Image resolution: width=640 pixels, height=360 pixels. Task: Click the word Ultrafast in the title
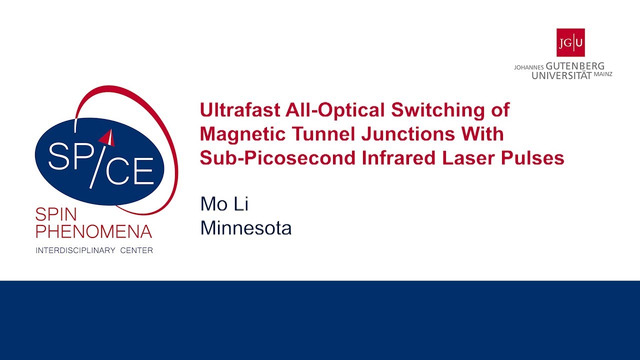[235, 110]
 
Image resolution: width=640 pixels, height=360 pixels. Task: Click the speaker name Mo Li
[224, 204]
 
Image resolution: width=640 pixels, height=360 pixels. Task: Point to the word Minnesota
[245, 228]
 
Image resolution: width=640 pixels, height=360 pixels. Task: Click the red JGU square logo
[570, 42]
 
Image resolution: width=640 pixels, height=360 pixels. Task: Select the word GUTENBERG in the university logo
[575, 66]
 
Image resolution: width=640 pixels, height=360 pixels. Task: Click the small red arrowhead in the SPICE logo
[108, 136]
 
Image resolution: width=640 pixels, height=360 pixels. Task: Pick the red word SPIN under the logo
[56, 215]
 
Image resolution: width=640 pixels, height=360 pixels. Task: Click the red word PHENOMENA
[93, 231]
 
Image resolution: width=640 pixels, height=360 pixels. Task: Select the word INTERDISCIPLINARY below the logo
[75, 250]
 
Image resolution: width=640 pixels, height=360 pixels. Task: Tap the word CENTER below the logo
[136, 250]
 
